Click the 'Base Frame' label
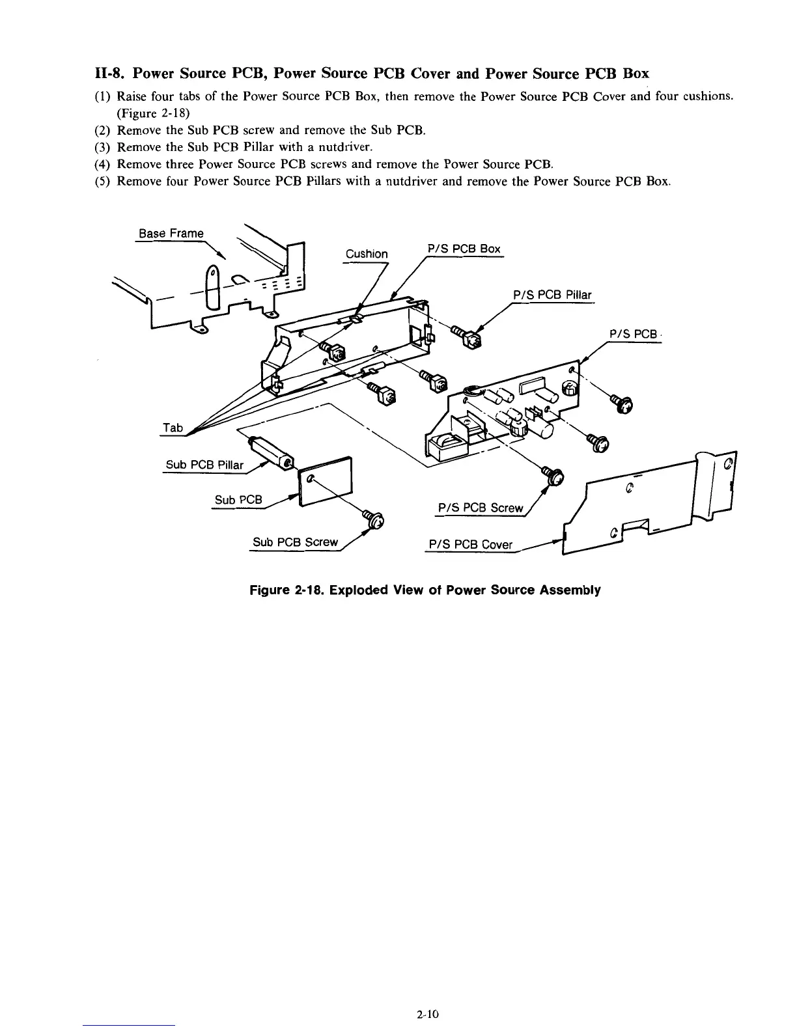pos(171,233)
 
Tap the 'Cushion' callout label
pos(367,254)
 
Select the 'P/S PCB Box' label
pos(464,249)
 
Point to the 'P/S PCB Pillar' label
pos(552,296)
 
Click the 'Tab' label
pos(173,428)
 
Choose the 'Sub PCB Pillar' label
pos(204,465)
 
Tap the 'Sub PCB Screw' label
pos(296,542)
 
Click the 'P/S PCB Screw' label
pos(481,508)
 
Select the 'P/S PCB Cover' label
pos(471,545)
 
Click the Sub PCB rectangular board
pos(326,482)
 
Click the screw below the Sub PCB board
pos(374,519)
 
